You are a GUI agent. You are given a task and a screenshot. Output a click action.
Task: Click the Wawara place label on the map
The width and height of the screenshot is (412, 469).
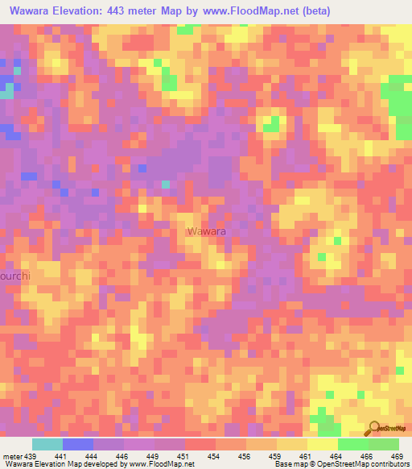tap(206, 231)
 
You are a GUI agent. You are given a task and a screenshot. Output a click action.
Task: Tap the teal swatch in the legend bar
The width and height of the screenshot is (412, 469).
tap(47, 444)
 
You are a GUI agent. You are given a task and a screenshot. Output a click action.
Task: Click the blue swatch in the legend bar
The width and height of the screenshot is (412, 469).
tap(78, 444)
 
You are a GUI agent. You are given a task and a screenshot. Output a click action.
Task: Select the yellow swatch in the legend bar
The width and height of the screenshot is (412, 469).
tap(322, 444)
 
